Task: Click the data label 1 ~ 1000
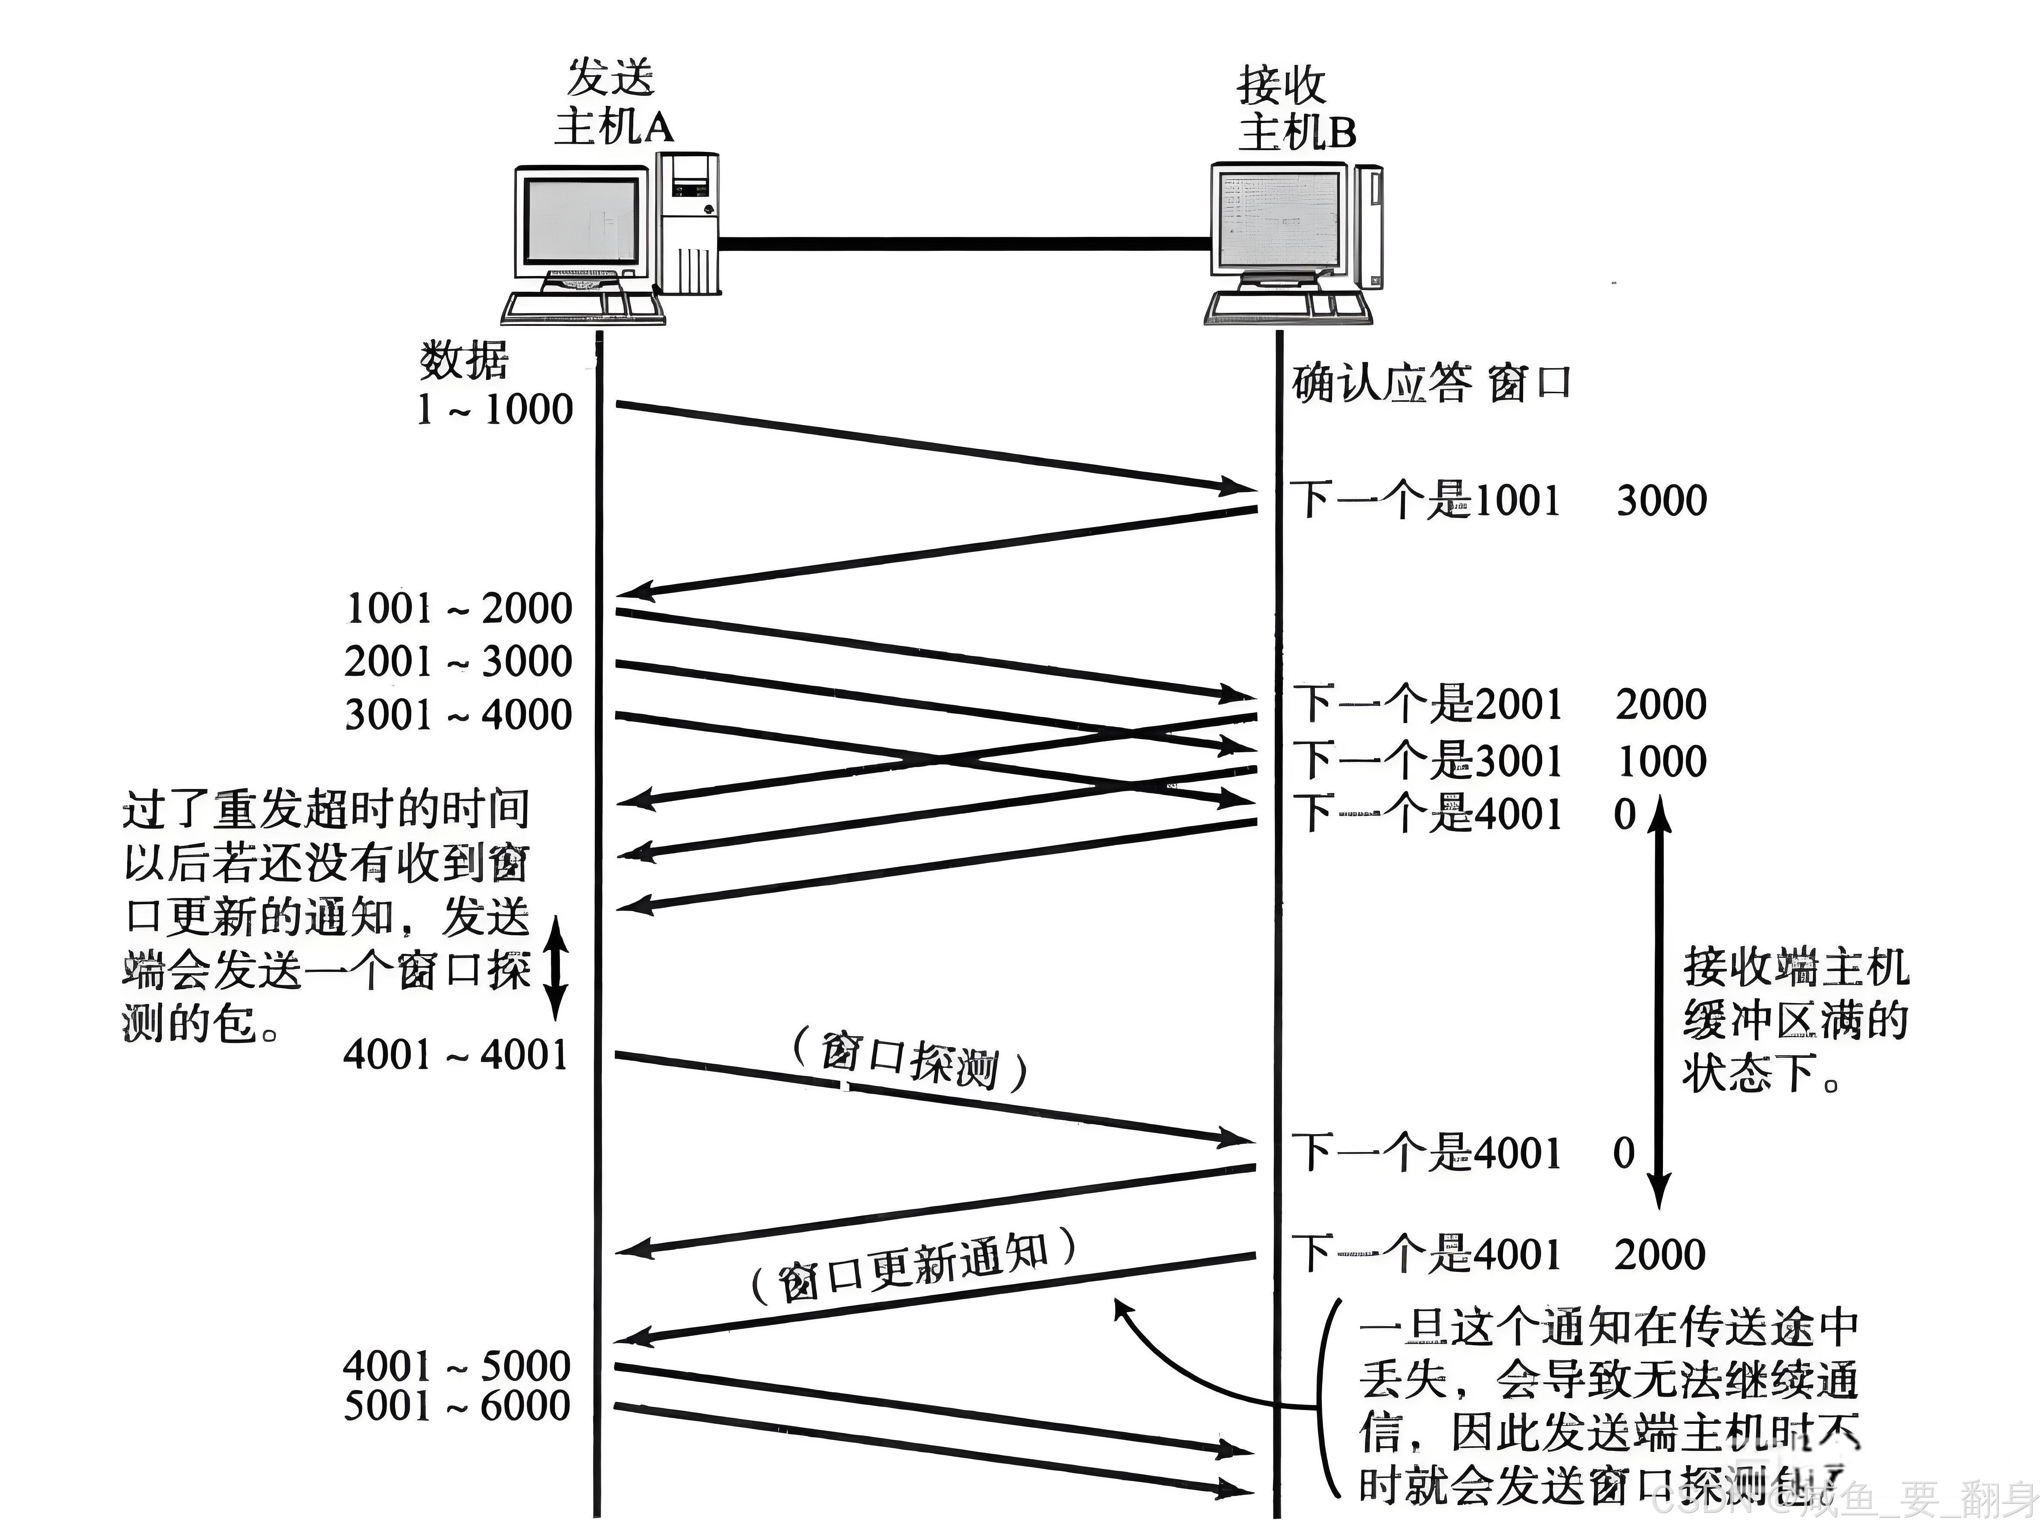click(495, 408)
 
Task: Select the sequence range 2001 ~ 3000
click(458, 662)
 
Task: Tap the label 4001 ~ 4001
click(456, 1054)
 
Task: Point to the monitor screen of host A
click(580, 222)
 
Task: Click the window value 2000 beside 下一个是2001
click(1661, 704)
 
